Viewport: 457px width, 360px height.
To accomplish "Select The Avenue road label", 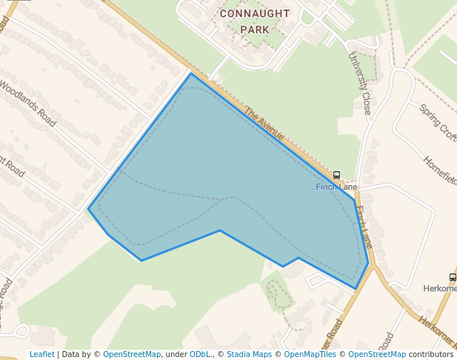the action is pos(264,124).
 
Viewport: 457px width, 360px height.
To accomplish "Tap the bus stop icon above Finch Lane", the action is pos(337,176).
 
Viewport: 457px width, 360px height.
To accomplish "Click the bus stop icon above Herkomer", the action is pos(453,277).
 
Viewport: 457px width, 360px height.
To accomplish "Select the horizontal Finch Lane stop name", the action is pos(336,187).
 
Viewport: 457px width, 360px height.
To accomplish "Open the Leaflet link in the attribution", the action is pos(41,354).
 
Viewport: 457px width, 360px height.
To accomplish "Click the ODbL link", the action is pos(201,354).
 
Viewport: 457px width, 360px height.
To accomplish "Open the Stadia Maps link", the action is pos(249,354).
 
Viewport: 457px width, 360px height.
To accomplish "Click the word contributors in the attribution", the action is pos(431,354).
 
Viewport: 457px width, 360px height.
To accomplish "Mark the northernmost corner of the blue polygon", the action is pos(191,73).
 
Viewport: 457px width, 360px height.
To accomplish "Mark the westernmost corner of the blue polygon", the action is pos(88,209).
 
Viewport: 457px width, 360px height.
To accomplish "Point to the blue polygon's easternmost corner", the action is pos(368,263).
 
